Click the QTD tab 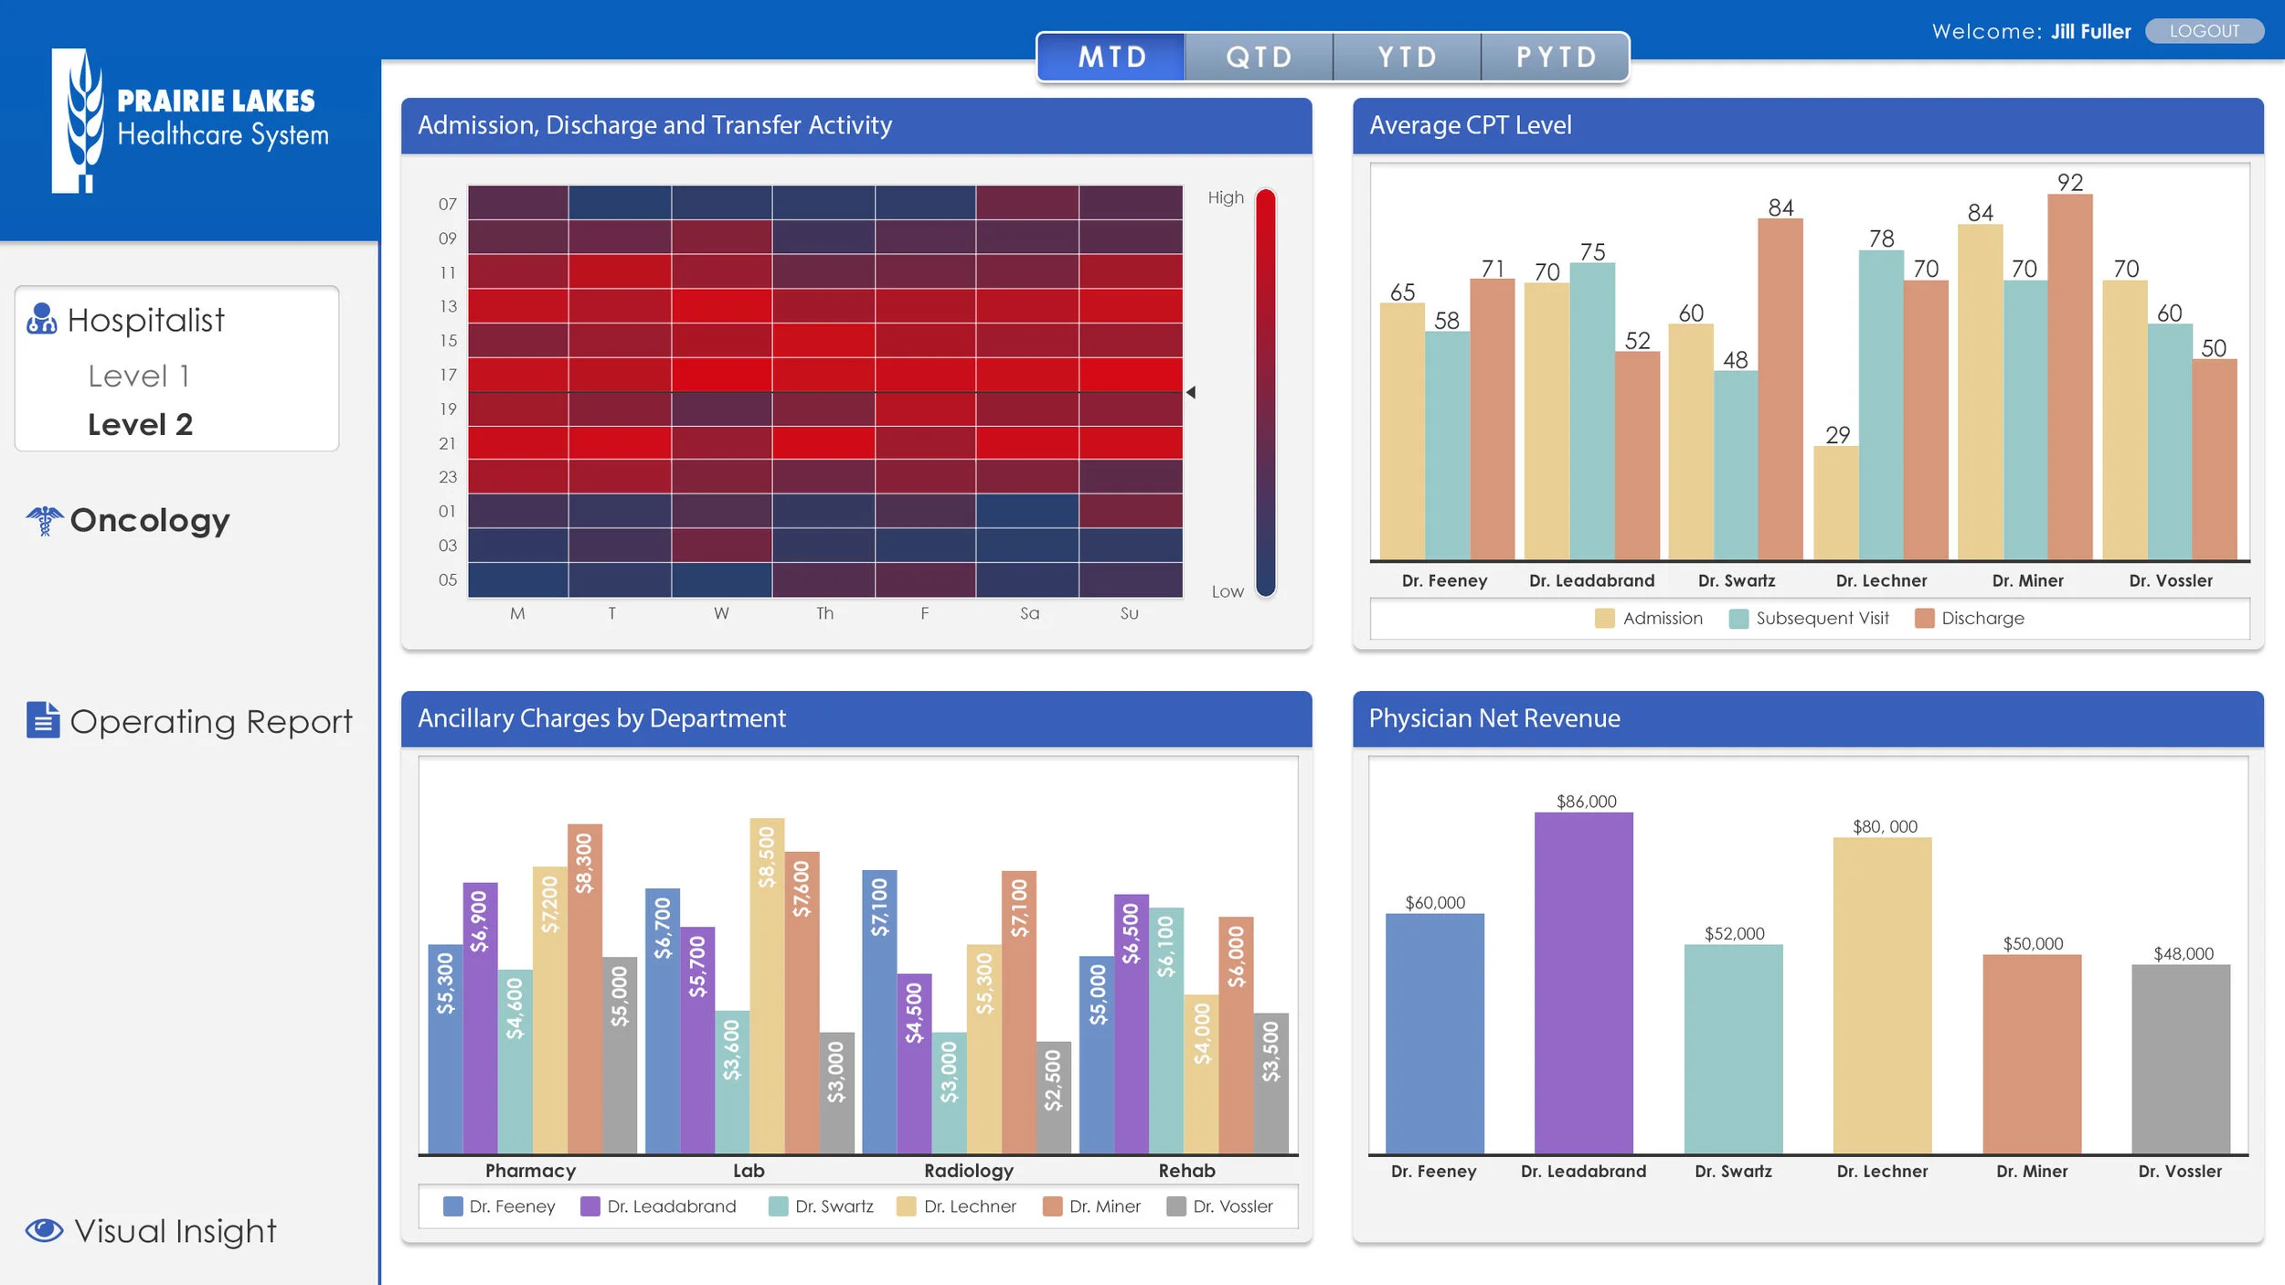click(x=1259, y=58)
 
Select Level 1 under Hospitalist click(x=139, y=376)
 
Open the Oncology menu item click(x=149, y=520)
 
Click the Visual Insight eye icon click(x=44, y=1230)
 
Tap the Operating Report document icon click(x=43, y=720)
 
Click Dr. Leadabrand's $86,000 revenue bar click(x=1583, y=982)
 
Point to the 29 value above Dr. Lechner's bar click(x=1837, y=435)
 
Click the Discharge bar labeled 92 click(x=2069, y=377)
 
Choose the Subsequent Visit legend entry click(x=1809, y=619)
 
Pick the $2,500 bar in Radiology click(x=1053, y=1097)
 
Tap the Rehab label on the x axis click(x=1186, y=1171)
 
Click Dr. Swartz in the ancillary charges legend click(x=822, y=1206)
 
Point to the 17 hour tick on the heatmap click(x=448, y=375)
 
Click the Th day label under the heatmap click(x=824, y=613)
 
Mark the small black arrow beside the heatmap click(x=1191, y=392)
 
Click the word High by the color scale click(x=1226, y=197)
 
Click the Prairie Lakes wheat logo click(x=80, y=121)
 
